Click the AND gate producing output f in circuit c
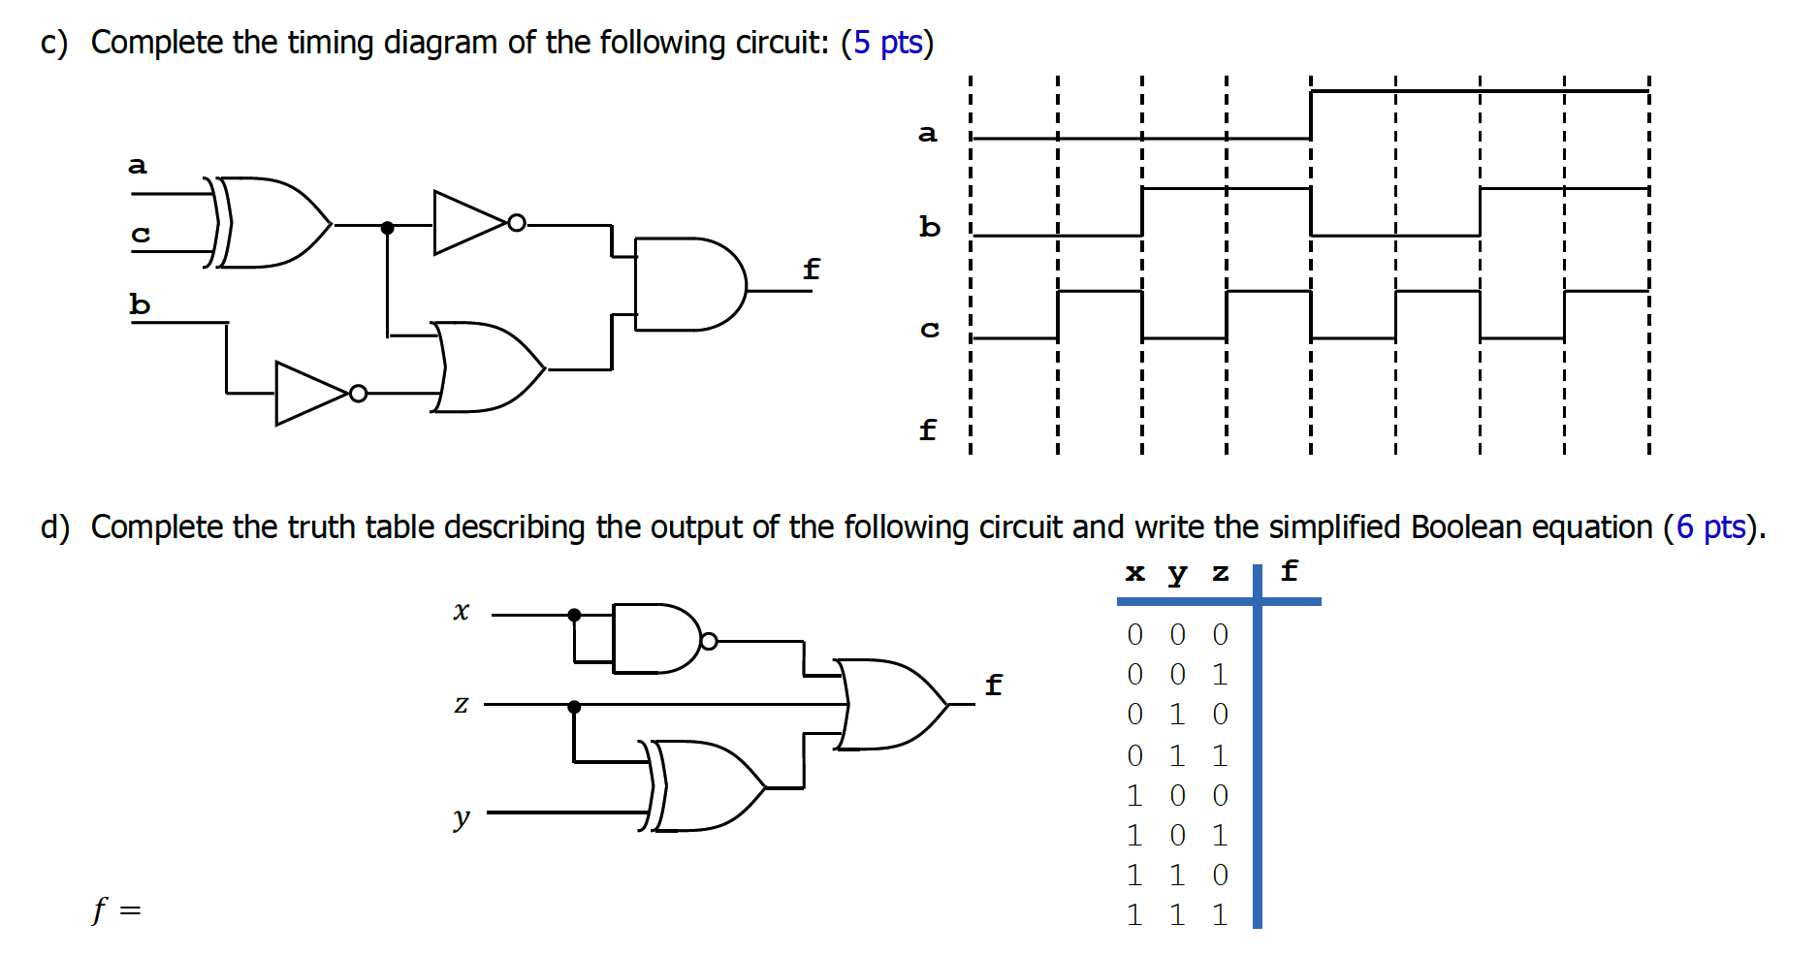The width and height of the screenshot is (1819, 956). (x=686, y=284)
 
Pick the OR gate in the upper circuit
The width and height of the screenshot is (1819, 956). (x=485, y=367)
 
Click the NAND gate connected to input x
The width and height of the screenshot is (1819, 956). (x=654, y=639)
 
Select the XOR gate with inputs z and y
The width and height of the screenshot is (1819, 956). (x=706, y=786)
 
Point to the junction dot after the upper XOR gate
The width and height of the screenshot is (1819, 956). (x=387, y=228)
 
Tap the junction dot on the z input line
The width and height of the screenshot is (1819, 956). (x=574, y=707)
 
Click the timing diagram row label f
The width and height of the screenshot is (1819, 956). (x=928, y=429)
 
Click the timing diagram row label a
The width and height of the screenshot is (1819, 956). (x=928, y=133)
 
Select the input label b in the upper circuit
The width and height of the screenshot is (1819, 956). (x=140, y=304)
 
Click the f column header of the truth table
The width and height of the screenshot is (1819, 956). (x=1289, y=571)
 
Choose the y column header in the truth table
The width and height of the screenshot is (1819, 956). (x=1177, y=573)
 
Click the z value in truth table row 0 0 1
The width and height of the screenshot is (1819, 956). (x=1220, y=674)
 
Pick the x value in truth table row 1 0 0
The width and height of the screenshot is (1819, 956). (x=1134, y=795)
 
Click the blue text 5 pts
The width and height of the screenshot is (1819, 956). (x=887, y=43)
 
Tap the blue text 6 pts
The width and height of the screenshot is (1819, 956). (x=1710, y=527)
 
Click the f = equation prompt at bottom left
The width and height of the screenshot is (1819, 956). (x=116, y=909)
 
